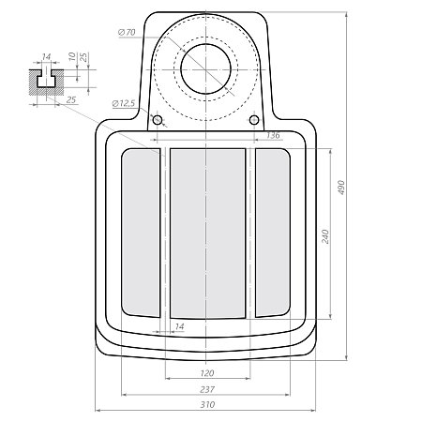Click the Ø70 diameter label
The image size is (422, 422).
click(x=127, y=32)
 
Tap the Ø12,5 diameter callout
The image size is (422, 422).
click(x=124, y=103)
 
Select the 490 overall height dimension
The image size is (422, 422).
click(x=341, y=188)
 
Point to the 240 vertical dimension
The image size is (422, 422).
click(x=325, y=236)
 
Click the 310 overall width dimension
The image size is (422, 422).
click(x=207, y=405)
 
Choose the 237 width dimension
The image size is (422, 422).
click(x=207, y=389)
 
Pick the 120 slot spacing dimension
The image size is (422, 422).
click(x=207, y=373)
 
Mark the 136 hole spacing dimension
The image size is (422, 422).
click(x=273, y=135)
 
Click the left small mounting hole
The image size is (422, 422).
click(x=158, y=120)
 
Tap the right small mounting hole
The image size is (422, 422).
click(x=254, y=119)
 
